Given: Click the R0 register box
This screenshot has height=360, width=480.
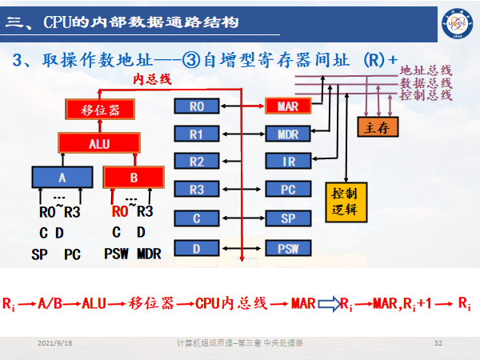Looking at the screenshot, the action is (197, 106).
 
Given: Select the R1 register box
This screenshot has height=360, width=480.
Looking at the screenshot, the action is (197, 134).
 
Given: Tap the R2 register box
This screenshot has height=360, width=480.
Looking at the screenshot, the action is (197, 162).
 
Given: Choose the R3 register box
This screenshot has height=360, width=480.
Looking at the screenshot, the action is (197, 190).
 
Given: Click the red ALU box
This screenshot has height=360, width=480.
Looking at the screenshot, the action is (99, 144).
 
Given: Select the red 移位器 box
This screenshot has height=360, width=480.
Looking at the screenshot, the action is (99, 110).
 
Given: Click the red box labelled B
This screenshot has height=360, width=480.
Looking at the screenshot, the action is (134, 176).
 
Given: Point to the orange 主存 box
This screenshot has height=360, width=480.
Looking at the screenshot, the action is (376, 127).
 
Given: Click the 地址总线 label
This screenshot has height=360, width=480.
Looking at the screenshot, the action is (426, 70).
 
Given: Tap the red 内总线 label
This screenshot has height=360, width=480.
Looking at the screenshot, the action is (152, 79).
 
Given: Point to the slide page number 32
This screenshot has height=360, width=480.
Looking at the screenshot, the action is (438, 343).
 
